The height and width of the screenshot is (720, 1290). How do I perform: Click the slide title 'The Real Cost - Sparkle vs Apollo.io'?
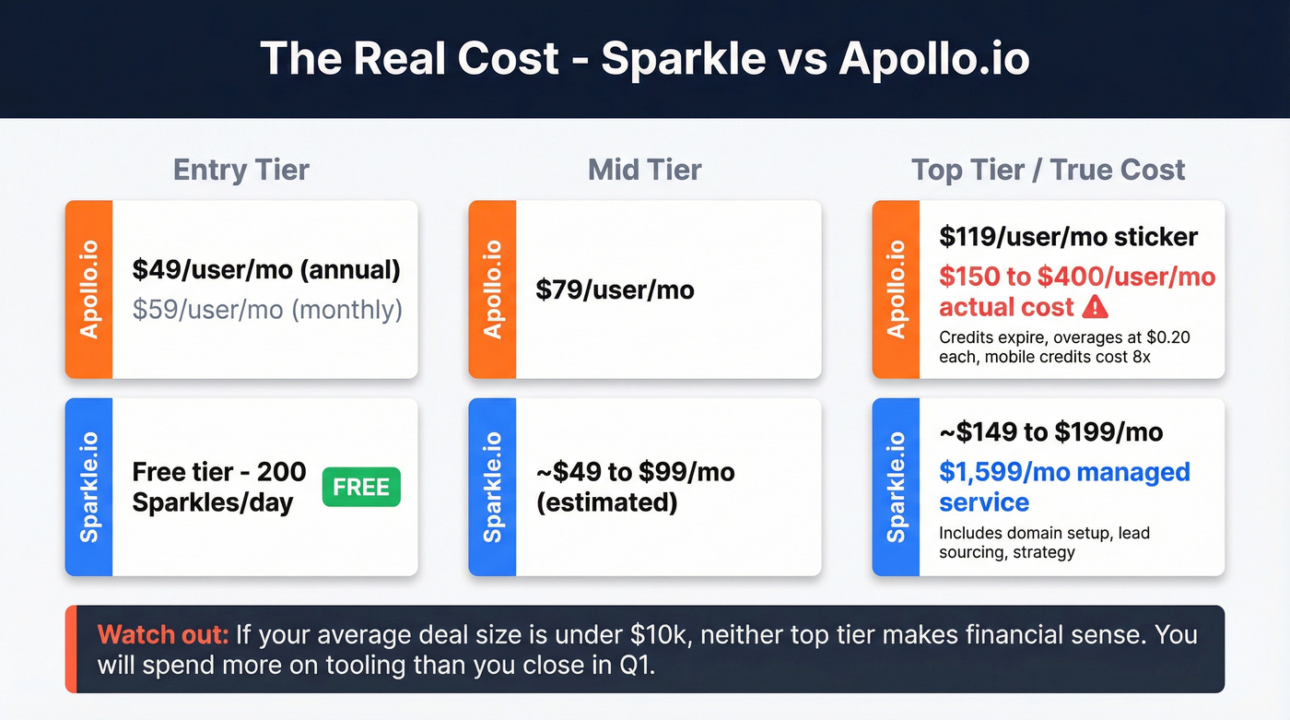tap(644, 58)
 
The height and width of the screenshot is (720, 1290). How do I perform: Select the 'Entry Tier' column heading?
tap(241, 170)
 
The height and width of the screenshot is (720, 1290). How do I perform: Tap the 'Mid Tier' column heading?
tap(644, 170)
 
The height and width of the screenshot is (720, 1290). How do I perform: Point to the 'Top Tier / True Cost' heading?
tap(1048, 170)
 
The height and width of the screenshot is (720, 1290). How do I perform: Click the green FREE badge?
tap(361, 487)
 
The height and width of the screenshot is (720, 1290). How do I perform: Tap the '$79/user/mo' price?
tap(615, 289)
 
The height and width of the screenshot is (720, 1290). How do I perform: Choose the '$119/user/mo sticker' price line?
tap(1068, 236)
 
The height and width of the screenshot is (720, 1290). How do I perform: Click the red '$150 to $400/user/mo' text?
tap(1077, 277)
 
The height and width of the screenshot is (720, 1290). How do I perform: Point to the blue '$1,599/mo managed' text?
tap(1064, 472)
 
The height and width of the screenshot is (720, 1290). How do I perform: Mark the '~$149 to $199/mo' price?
tap(1050, 431)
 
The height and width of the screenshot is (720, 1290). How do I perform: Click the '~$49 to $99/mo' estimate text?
tap(635, 472)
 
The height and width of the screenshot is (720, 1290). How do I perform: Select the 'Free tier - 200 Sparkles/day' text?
tap(219, 487)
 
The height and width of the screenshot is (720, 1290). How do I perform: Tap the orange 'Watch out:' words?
tap(163, 634)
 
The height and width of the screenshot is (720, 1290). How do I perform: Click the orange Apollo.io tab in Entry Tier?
tap(88, 289)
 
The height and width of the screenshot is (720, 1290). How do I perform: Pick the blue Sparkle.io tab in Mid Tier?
tap(492, 487)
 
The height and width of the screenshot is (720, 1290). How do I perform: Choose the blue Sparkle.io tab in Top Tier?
tap(896, 487)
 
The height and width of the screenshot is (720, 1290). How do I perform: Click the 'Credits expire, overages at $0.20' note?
tap(1064, 337)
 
